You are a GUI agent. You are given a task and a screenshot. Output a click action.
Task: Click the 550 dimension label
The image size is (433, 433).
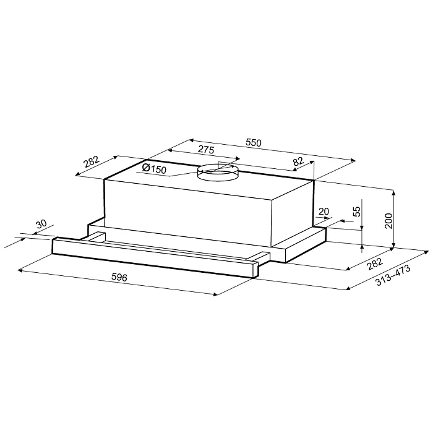tap(253, 143)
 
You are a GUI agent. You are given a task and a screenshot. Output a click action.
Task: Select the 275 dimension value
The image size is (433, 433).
tap(206, 150)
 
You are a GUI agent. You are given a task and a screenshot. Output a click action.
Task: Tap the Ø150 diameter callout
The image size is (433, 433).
tap(155, 168)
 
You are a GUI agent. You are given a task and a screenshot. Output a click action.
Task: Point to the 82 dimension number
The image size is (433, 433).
tap(298, 161)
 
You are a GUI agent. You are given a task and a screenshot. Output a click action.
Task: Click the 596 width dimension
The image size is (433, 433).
tap(119, 277)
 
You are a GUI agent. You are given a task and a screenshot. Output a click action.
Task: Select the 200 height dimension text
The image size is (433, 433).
tap(388, 221)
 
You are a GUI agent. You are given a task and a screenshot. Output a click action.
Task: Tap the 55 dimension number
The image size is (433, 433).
tap(357, 212)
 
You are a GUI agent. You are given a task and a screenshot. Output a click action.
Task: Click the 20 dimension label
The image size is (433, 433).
tap(324, 212)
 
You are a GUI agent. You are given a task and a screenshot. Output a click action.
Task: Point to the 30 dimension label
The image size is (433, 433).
tap(41, 224)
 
